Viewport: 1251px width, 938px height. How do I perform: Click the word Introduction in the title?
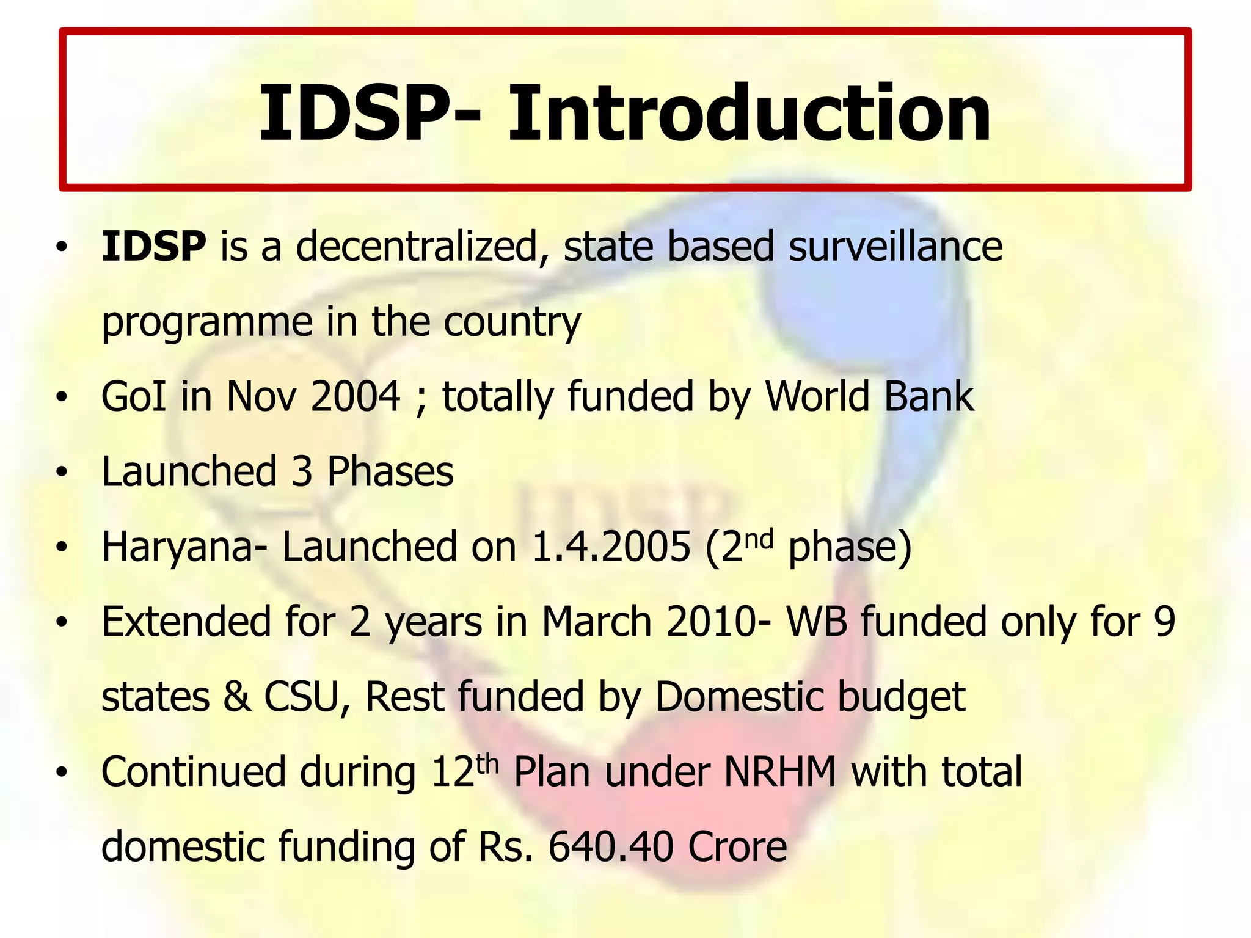pyautogui.click(x=749, y=114)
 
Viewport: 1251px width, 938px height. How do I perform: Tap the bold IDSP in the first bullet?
pyautogui.click(x=154, y=247)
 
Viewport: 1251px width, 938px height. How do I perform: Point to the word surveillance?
pyautogui.click(x=895, y=247)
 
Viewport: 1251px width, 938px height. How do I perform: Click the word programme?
pyautogui.click(x=207, y=322)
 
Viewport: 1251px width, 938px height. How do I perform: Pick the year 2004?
pyautogui.click(x=356, y=397)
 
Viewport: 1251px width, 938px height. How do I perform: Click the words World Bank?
pyautogui.click(x=870, y=397)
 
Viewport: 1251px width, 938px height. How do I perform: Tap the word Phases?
pyautogui.click(x=390, y=472)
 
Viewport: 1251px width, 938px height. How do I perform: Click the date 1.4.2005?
pyautogui.click(x=611, y=547)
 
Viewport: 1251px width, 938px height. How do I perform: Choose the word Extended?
pyautogui.click(x=186, y=622)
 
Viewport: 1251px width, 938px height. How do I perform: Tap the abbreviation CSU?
pyautogui.click(x=301, y=697)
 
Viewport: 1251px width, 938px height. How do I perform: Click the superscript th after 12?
pyautogui.click(x=488, y=763)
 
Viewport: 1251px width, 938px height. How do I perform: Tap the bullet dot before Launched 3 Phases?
pyautogui.click(x=60, y=473)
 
